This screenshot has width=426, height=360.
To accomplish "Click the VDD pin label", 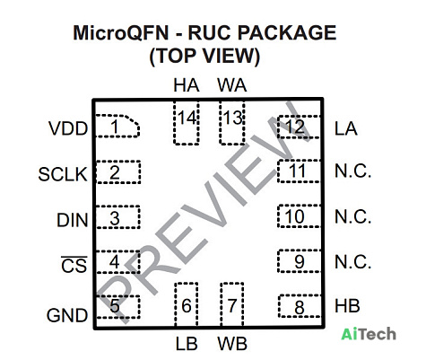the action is (x=68, y=128).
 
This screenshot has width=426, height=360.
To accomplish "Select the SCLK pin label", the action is (x=63, y=174).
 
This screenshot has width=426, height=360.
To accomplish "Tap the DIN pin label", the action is (x=73, y=220).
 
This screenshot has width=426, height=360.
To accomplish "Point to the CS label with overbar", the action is (x=74, y=265).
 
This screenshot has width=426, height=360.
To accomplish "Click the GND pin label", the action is (x=67, y=315).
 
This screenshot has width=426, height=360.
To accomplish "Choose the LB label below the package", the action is (x=187, y=344).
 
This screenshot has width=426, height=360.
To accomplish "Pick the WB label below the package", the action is (x=232, y=344).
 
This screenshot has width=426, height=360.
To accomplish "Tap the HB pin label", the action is (x=347, y=306).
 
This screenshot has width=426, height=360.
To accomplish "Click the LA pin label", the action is (x=346, y=128).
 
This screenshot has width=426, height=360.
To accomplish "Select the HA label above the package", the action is (x=187, y=85).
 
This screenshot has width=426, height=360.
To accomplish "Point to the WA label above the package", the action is (x=232, y=85).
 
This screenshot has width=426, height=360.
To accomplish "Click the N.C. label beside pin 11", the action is (x=352, y=171).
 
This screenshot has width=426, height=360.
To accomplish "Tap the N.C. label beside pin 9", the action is (x=352, y=262).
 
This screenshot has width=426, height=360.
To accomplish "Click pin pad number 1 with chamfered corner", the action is (x=117, y=127).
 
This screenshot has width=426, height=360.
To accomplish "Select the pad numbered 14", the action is (x=187, y=123).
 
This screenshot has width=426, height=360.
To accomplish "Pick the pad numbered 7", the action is (x=232, y=304).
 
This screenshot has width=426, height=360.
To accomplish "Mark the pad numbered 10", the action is (x=299, y=216).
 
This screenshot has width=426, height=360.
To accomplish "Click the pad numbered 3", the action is (x=117, y=217).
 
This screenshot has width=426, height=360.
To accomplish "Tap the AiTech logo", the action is (x=369, y=334).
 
